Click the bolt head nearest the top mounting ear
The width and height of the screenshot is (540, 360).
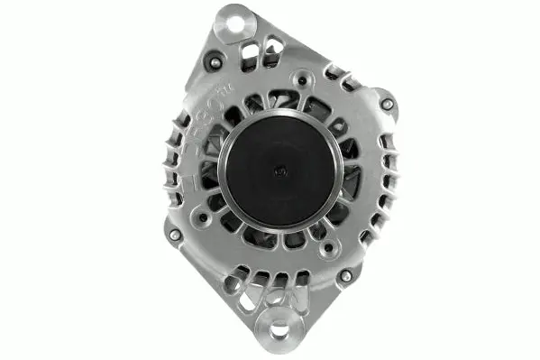(x=214, y=62)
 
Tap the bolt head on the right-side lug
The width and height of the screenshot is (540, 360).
(x=387, y=105)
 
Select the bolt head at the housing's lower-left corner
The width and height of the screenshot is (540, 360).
(x=175, y=235)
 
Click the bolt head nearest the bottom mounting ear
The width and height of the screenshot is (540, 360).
(x=344, y=275)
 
